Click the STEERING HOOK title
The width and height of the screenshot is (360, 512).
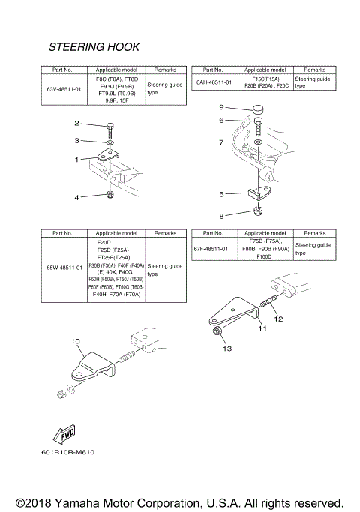(x=94, y=46)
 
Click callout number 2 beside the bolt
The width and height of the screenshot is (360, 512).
(x=76, y=123)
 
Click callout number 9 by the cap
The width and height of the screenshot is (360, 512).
(x=221, y=107)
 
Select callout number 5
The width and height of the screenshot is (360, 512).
(x=221, y=193)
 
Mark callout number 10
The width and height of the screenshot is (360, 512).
(x=75, y=340)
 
